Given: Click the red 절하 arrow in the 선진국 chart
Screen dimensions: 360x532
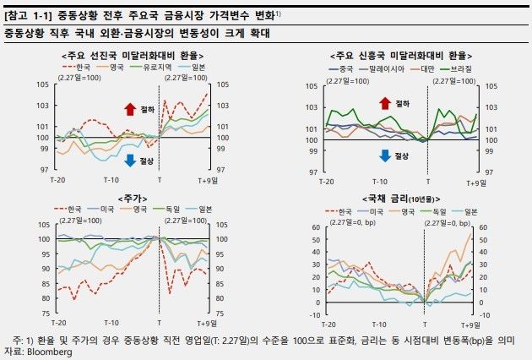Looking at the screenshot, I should click(x=129, y=108).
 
